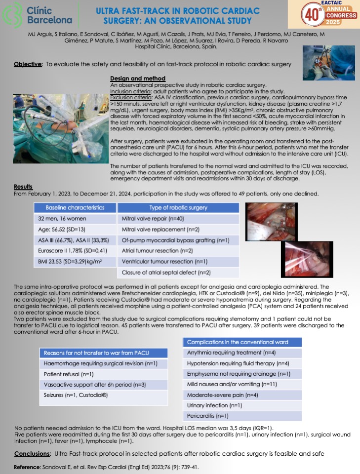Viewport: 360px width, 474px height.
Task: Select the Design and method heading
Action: click(137, 79)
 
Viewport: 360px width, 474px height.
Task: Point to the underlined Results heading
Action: click(23, 187)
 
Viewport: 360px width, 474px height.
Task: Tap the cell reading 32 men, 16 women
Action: click(62, 218)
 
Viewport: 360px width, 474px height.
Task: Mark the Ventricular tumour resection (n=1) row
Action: click(158, 261)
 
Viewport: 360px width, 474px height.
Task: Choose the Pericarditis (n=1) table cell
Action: click(207, 416)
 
